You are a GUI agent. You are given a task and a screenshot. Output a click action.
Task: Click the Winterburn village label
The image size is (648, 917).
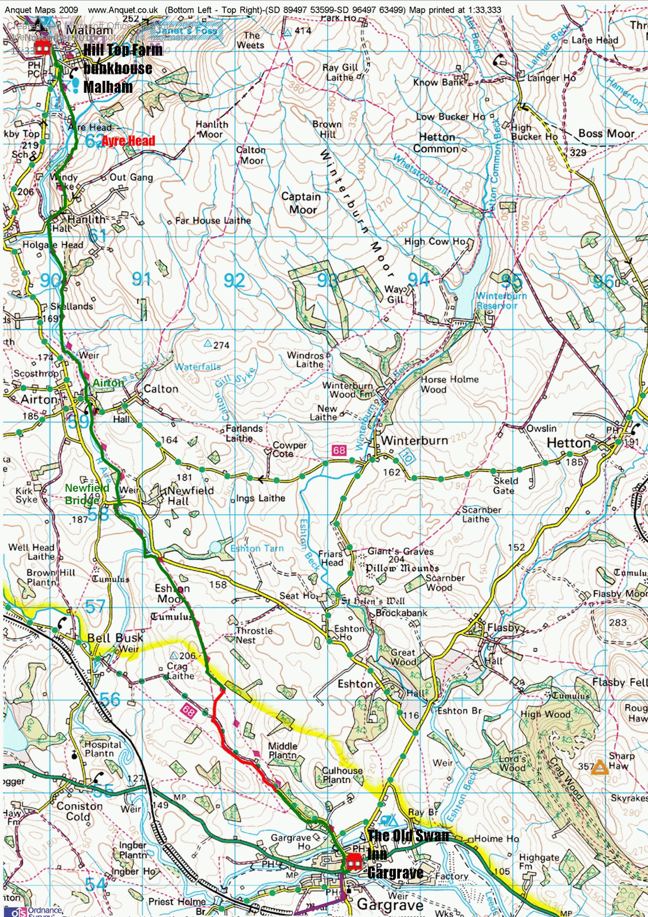tap(414, 440)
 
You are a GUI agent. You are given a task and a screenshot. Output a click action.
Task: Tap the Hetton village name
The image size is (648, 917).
tap(568, 443)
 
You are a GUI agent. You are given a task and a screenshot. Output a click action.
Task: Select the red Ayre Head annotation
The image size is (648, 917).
tap(128, 141)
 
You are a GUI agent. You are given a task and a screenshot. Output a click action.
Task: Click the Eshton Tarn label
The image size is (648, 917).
tap(257, 548)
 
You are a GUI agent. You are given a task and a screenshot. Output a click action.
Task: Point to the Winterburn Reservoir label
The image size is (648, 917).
tap(501, 301)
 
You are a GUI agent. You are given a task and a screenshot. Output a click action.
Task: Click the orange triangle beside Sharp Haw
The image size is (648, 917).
tap(600, 767)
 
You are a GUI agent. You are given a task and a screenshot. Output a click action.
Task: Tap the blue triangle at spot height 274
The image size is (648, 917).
tap(208, 343)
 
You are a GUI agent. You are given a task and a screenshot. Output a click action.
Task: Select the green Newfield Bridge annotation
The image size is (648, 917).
tap(87, 494)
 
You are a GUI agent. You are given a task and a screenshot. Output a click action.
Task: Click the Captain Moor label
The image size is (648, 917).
tap(301, 203)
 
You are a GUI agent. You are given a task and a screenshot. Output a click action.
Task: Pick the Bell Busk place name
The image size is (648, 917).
tap(115, 638)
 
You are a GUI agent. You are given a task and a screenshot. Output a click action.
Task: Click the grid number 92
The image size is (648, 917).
tap(234, 280)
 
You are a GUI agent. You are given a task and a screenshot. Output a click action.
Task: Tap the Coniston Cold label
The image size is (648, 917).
tap(79, 812)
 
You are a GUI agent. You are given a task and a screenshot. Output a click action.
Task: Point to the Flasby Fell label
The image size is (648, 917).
tap(619, 682)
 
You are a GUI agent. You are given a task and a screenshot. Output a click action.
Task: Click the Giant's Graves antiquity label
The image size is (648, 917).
tap(400, 551)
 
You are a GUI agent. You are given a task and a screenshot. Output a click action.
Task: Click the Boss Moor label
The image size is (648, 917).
tap(606, 134)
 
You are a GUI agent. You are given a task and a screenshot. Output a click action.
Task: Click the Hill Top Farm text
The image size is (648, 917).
tap(123, 50)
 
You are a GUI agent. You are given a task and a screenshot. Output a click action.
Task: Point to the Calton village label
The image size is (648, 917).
tap(161, 389)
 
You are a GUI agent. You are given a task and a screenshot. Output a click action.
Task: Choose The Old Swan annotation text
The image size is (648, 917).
tap(409, 836)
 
